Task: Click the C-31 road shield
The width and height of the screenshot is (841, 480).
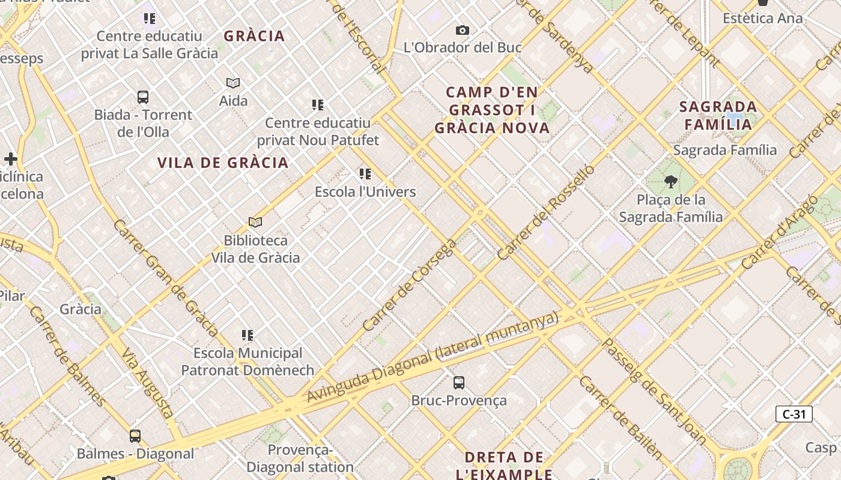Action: [794, 414]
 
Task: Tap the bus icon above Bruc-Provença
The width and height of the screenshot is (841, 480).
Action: [459, 382]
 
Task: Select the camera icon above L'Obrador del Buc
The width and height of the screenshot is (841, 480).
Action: [462, 30]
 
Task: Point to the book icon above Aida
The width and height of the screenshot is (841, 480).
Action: [233, 83]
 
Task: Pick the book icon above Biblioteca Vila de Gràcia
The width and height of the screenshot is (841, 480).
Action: [255, 223]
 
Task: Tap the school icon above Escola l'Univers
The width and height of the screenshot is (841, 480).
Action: [365, 174]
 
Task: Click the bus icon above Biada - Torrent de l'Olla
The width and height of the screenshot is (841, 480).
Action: [143, 97]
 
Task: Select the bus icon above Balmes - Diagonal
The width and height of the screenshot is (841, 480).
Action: [135, 436]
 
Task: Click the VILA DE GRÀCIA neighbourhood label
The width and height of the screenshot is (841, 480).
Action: [223, 163]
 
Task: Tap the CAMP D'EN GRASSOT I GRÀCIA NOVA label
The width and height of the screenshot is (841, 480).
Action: [492, 110]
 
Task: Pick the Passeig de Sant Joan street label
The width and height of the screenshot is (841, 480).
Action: [655, 392]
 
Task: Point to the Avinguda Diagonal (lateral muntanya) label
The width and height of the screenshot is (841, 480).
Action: [433, 358]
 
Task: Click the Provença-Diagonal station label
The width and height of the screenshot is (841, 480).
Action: [300, 458]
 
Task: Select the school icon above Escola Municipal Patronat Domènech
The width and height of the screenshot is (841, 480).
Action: [247, 335]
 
